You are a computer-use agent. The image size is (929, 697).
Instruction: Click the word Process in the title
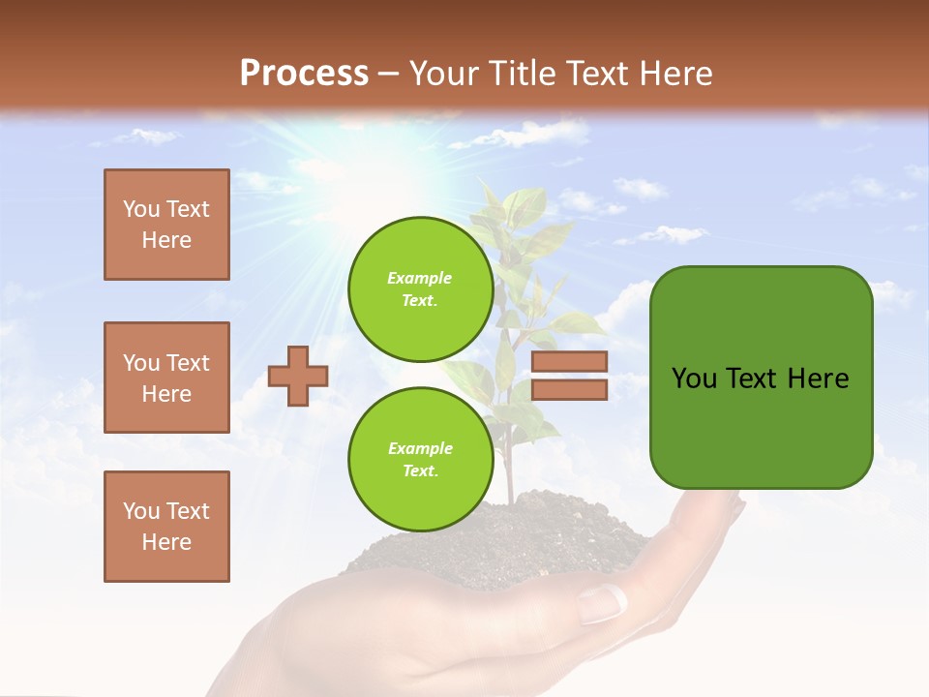(304, 74)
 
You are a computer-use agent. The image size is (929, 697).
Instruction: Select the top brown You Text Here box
(166, 225)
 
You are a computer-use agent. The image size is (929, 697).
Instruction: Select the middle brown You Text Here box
(166, 378)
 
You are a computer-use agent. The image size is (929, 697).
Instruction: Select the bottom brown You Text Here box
(166, 527)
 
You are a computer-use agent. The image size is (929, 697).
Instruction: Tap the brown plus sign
(298, 376)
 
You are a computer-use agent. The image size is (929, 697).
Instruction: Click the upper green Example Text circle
(420, 289)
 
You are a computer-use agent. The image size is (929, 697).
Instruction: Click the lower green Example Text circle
(420, 460)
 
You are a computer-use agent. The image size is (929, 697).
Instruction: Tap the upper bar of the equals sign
(569, 361)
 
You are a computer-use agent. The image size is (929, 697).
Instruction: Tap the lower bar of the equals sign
(569, 390)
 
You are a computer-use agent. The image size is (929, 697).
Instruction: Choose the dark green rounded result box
(761, 378)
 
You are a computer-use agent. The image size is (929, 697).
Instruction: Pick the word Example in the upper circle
(420, 279)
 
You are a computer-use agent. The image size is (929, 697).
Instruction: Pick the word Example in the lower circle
(420, 449)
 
